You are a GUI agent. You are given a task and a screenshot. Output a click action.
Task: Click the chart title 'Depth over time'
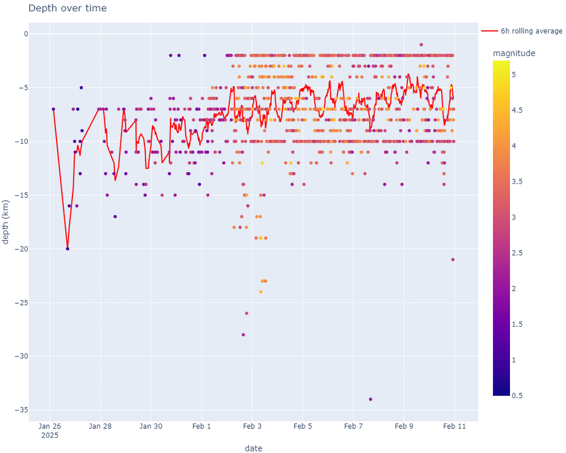point(67,8)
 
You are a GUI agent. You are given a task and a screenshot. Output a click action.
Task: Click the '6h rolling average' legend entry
point(522,31)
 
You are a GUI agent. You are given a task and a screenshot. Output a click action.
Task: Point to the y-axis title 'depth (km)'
point(5,222)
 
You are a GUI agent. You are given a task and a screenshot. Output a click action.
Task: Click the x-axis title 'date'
point(254,448)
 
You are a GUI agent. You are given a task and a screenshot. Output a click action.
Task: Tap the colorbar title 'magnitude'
point(514,54)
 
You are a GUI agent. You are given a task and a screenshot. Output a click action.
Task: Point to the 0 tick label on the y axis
point(25,34)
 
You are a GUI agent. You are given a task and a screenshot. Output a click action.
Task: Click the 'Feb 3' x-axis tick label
point(252,426)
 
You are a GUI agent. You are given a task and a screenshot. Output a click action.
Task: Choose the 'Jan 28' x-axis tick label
point(100,426)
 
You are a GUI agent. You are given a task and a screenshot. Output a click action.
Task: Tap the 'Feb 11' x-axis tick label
point(455,426)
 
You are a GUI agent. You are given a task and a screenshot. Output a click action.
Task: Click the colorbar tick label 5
point(514,75)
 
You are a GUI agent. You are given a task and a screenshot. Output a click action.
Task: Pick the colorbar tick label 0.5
point(517,396)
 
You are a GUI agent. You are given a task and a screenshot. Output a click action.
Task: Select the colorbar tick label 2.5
point(517,253)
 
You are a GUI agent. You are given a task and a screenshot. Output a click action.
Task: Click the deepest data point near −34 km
point(370,399)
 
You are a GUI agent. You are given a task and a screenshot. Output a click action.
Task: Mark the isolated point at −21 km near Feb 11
point(453,260)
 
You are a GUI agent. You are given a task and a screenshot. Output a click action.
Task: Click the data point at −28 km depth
point(243,335)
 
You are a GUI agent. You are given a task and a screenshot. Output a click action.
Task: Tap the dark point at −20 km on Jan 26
point(67,249)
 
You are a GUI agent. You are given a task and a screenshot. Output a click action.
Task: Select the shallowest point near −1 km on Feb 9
point(421,45)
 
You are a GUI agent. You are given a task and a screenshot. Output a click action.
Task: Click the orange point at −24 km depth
point(261,292)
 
